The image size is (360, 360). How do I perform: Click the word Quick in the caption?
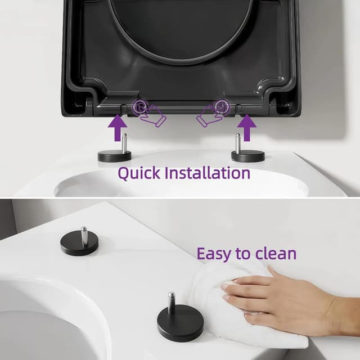click(x=138, y=173)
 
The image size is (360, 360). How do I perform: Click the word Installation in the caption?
click(x=207, y=173)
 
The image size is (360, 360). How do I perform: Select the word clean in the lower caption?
click(x=275, y=254)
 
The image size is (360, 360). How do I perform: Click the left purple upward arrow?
click(x=117, y=128)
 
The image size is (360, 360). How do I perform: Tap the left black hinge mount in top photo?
click(x=115, y=156)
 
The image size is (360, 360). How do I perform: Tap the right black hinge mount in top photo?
click(x=247, y=156)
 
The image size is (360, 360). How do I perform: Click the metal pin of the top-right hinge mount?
click(x=238, y=143)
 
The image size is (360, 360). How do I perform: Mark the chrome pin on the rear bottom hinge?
click(x=84, y=236)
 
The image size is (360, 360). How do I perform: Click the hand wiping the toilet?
click(x=292, y=298)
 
